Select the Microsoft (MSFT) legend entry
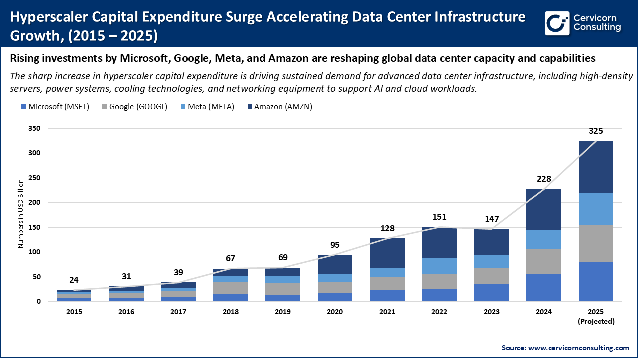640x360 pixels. click(x=55, y=106)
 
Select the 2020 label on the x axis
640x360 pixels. click(x=335, y=312)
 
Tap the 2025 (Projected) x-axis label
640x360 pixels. click(x=596, y=316)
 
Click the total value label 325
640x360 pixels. click(x=596, y=131)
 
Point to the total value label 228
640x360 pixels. click(x=544, y=179)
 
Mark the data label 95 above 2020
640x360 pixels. click(x=335, y=245)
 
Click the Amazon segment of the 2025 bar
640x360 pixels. click(x=596, y=167)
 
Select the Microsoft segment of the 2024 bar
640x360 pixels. click(x=544, y=288)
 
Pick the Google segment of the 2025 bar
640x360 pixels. click(x=596, y=243)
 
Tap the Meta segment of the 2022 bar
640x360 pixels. click(x=439, y=266)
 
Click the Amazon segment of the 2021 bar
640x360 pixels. click(x=387, y=253)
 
